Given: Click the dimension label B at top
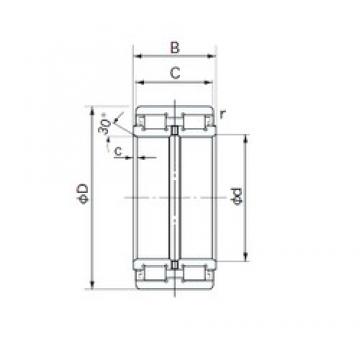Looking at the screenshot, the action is click(x=175, y=48).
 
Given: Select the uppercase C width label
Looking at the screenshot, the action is click(x=175, y=73).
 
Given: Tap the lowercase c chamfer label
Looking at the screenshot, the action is click(x=118, y=151).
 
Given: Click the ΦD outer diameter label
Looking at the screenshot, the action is click(x=83, y=193).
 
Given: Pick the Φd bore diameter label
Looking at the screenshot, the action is click(x=237, y=197).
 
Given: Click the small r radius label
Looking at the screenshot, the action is click(x=223, y=114).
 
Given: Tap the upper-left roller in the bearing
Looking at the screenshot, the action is click(x=154, y=122).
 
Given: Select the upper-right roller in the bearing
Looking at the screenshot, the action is click(x=195, y=122).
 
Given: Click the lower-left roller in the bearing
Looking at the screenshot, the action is click(x=154, y=273).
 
